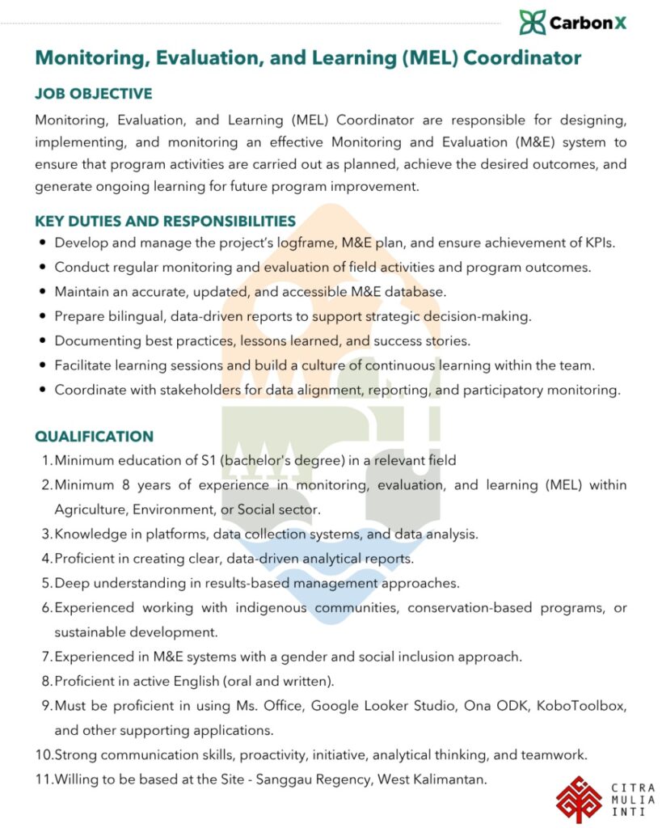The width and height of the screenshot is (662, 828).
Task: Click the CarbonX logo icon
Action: [x=532, y=22]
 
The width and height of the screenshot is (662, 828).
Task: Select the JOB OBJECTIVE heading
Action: [x=93, y=95]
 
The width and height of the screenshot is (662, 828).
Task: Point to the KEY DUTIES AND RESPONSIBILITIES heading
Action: [x=165, y=221]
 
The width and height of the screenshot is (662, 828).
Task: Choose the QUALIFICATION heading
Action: [x=94, y=437]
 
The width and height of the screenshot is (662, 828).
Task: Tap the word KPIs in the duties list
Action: [x=601, y=243]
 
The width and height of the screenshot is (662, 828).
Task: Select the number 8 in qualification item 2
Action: [x=124, y=485]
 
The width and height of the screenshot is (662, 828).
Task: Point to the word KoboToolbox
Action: [x=588, y=705]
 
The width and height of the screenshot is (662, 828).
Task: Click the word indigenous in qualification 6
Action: [x=257, y=607]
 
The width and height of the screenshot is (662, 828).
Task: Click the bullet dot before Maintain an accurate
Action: [x=42, y=292]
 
